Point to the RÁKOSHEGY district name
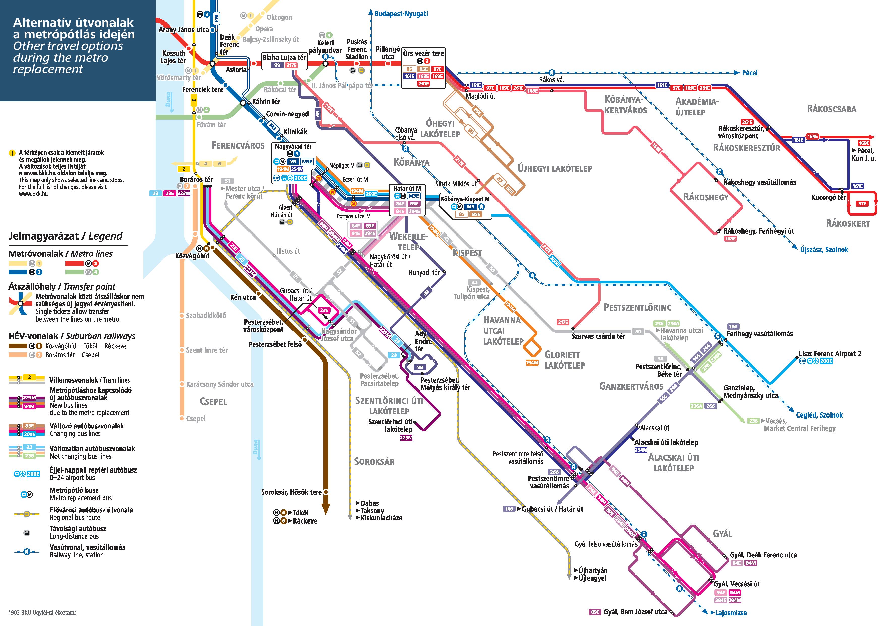coord(706,197)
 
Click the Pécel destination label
coord(750,73)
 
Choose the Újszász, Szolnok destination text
coord(824,250)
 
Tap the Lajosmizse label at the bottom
coord(731,613)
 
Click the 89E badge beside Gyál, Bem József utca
coord(595,612)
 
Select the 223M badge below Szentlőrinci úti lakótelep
coord(406,438)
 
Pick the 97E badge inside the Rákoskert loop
coord(862,204)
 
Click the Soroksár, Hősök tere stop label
coord(291,492)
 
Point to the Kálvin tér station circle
coord(243,103)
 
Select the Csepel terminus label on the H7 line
coord(196,419)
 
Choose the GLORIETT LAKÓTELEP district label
coord(564,360)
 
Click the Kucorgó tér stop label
coord(828,197)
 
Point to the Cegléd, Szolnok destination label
coord(819,415)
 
